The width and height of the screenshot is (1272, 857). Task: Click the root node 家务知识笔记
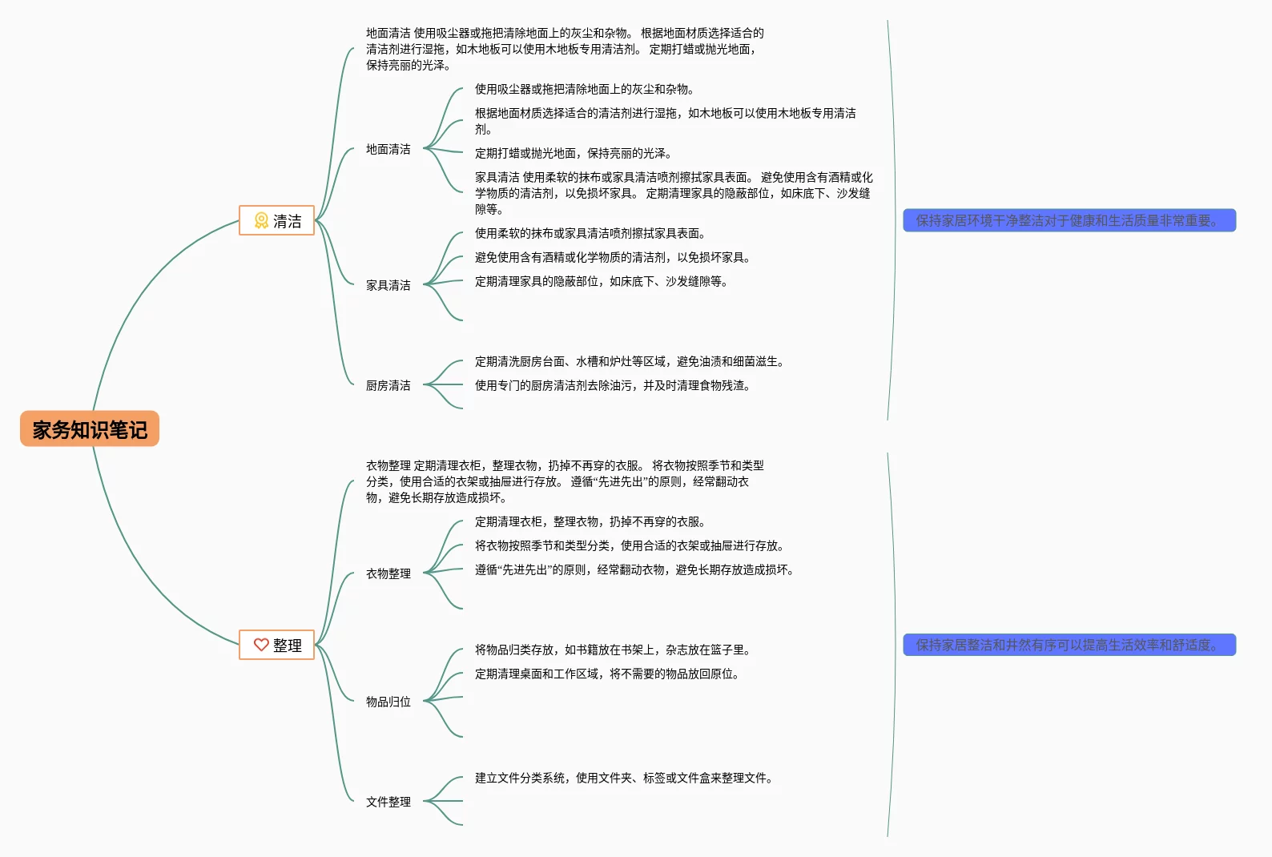point(90,429)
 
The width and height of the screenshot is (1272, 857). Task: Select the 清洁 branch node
point(277,220)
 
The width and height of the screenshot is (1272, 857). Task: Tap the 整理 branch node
point(277,645)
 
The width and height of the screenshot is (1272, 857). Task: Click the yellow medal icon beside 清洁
point(261,220)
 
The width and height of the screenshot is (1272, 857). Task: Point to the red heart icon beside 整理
point(261,645)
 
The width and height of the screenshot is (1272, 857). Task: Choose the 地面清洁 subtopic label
point(388,149)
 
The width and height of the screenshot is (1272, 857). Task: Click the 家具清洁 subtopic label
point(388,285)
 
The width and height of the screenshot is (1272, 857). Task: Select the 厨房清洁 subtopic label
point(388,385)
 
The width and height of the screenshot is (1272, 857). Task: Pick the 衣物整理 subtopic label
point(388,573)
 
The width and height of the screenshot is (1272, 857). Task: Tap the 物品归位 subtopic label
point(388,702)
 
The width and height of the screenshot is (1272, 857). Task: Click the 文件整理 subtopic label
point(388,802)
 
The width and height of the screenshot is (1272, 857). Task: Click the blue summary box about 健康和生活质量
point(1069,220)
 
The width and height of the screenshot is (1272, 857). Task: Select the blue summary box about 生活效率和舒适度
point(1069,645)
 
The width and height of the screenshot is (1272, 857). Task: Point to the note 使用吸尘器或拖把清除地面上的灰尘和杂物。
point(585,89)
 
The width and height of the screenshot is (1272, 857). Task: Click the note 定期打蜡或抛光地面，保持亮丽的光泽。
point(574,153)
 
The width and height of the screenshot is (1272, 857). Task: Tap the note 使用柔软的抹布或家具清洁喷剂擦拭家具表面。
point(590,233)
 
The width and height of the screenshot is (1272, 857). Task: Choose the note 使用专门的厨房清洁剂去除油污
point(613,385)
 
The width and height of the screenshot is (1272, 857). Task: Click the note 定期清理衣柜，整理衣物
point(590,521)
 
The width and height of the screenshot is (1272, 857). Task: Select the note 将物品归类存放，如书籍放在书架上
point(613,650)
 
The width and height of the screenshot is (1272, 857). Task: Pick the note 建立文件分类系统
point(624,778)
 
